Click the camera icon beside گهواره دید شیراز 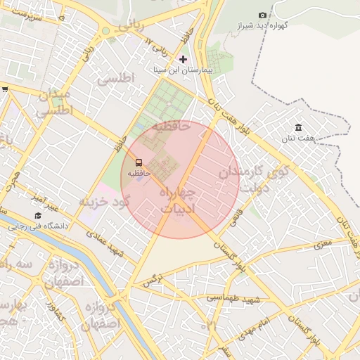(263, 15)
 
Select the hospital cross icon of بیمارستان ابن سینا (184, 59)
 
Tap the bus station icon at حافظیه (139, 161)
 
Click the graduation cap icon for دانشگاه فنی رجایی (37, 215)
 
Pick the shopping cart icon (5, 89)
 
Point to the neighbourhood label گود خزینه (105, 202)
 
